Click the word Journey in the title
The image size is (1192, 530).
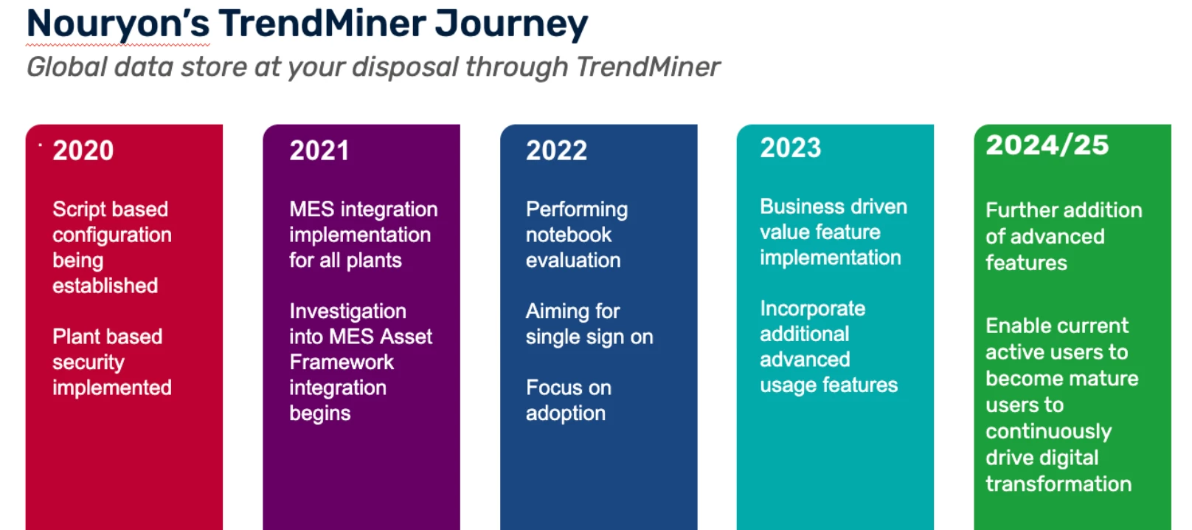pyautogui.click(x=510, y=24)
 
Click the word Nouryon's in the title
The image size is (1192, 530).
pyautogui.click(x=118, y=24)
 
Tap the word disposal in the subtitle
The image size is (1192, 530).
pyautogui.click(x=409, y=67)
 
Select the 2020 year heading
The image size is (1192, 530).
pyautogui.click(x=83, y=151)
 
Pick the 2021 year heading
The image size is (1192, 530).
pyautogui.click(x=319, y=151)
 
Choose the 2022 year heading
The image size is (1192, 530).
pyautogui.click(x=557, y=151)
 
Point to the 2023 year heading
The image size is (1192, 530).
pyautogui.click(x=791, y=148)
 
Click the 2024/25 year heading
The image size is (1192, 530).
pyautogui.click(x=1047, y=145)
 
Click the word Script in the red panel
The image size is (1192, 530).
pyautogui.click(x=77, y=209)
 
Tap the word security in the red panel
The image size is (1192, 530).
pyautogui.click(x=89, y=362)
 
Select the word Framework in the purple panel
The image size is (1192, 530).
pyautogui.click(x=342, y=362)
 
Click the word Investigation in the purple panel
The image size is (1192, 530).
pyautogui.click(x=347, y=311)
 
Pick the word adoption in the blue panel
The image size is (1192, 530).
pyautogui.click(x=566, y=413)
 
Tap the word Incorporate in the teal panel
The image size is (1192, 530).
pyautogui.click(x=813, y=309)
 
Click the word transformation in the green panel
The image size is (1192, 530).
pyautogui.click(x=1058, y=484)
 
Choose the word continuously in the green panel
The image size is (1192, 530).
pyautogui.click(x=1048, y=432)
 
